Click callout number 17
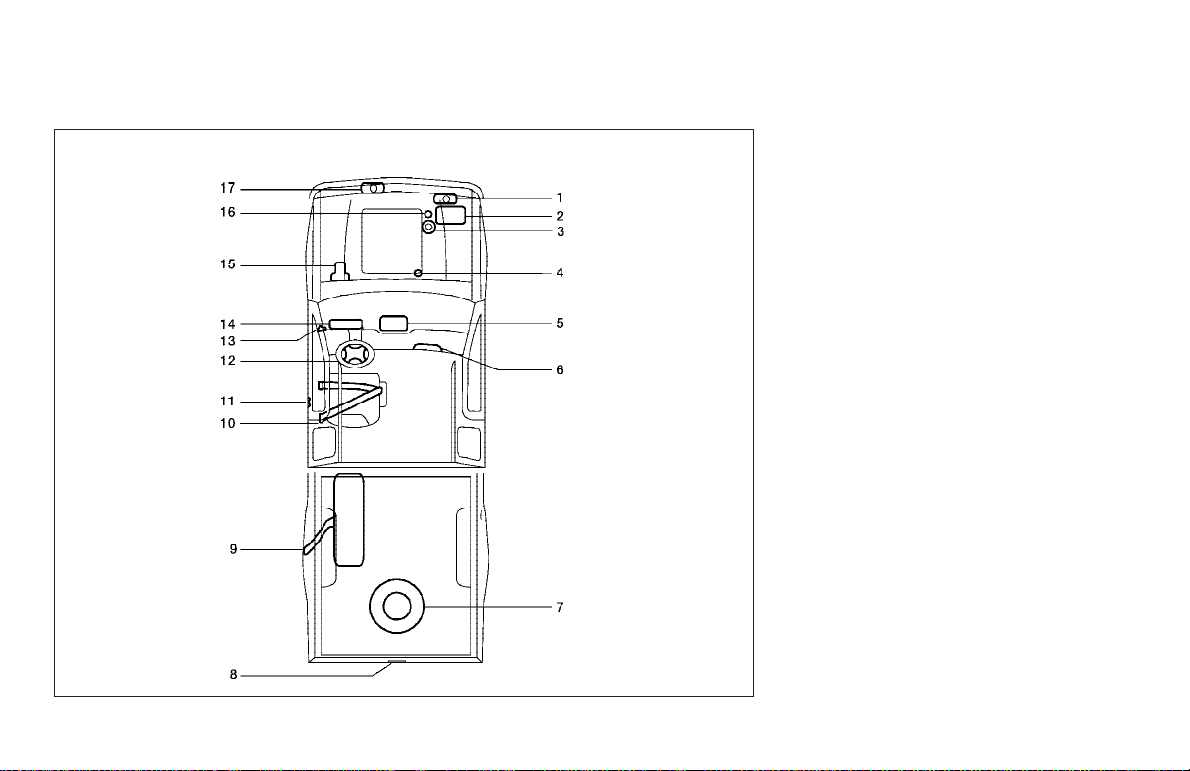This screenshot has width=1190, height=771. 228,189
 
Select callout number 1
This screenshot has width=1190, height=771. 560,197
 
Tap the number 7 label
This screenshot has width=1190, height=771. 560,607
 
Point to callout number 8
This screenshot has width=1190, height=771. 233,674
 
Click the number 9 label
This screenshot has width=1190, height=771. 233,549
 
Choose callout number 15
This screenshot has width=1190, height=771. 228,264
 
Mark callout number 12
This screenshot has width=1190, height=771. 228,361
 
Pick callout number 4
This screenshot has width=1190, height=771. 560,273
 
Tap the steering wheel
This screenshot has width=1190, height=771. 355,344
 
